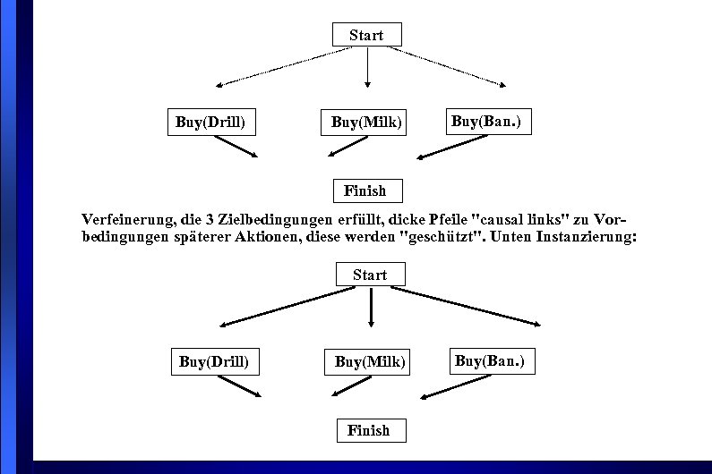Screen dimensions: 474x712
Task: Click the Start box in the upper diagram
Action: pos(366,35)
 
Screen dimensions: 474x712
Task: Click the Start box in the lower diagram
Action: pos(370,275)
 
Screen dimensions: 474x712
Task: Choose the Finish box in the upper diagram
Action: pos(365,190)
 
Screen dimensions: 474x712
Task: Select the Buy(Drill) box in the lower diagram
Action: pos(214,362)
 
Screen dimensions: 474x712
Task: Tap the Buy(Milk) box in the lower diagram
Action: pos(369,362)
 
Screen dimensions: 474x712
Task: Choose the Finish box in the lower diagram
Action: pos(369,430)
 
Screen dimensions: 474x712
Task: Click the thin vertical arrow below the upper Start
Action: pos(367,67)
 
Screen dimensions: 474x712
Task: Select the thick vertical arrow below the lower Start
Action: pos(371,307)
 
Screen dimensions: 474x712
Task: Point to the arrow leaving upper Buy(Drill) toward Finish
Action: pos(236,146)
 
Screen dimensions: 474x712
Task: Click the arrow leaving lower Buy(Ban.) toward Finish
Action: pos(455,386)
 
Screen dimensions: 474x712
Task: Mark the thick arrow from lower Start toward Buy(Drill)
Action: pos(287,306)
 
